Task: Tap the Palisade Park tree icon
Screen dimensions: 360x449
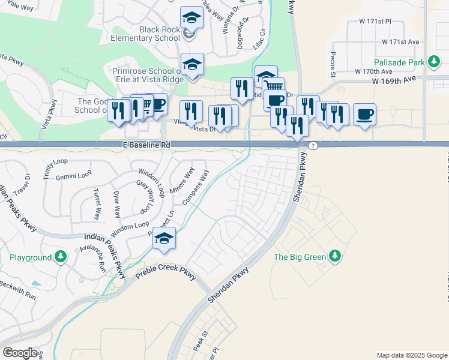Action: (x=433, y=62)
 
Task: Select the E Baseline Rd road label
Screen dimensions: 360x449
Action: (x=146, y=145)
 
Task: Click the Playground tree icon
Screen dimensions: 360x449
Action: (x=60, y=257)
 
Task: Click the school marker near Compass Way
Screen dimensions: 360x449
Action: (x=164, y=238)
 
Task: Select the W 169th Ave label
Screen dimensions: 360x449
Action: (x=394, y=79)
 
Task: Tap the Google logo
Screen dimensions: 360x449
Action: (x=20, y=353)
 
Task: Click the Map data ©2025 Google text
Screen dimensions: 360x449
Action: (x=411, y=355)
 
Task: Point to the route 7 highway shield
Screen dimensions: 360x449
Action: (x=313, y=146)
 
